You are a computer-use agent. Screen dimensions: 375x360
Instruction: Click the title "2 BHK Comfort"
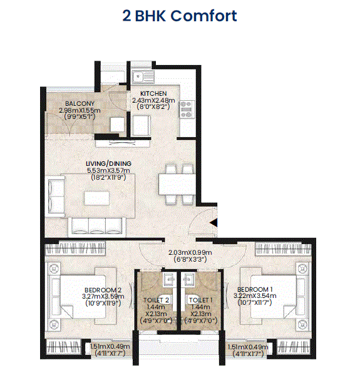pyautogui.click(x=180, y=16)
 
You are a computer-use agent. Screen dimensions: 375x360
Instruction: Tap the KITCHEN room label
pyautogui.click(x=153, y=93)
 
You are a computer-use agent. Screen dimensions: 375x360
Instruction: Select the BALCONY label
pyautogui.click(x=80, y=103)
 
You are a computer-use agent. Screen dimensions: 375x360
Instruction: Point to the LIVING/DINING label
pyautogui.click(x=108, y=163)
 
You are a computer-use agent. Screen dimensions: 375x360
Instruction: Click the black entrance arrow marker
pyautogui.click(x=214, y=222)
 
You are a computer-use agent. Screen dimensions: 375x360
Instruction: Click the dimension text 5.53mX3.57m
pyautogui.click(x=108, y=170)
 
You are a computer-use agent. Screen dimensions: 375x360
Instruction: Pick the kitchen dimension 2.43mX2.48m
pyautogui.click(x=153, y=100)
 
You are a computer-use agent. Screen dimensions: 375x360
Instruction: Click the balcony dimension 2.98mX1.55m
pyautogui.click(x=80, y=110)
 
